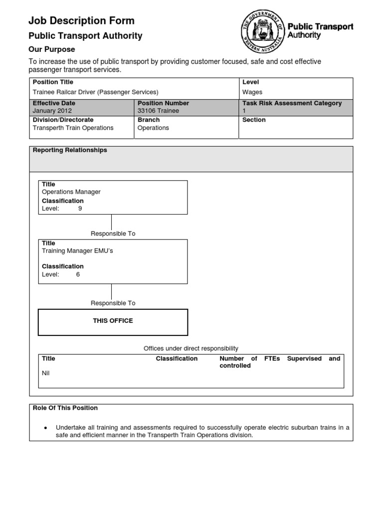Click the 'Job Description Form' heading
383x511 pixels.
(x=81, y=20)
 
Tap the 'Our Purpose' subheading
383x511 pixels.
(x=52, y=49)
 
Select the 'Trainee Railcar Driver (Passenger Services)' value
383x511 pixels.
(x=95, y=92)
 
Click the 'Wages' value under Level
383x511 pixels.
(x=252, y=92)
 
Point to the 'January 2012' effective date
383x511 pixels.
(x=52, y=111)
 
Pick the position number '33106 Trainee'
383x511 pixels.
(x=158, y=111)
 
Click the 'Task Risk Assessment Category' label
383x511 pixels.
(x=292, y=103)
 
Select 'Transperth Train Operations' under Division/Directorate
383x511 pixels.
(x=73, y=128)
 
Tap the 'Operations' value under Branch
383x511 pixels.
(x=153, y=128)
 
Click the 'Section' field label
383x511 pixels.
(x=254, y=120)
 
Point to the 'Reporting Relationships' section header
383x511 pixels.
(x=70, y=150)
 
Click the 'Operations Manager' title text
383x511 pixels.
(x=71, y=192)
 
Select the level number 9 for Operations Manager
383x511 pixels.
(x=80, y=209)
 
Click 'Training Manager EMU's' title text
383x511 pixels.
(x=77, y=251)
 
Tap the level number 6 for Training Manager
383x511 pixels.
(x=78, y=274)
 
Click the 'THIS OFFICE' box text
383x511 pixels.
(x=113, y=321)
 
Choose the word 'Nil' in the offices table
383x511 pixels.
(x=46, y=373)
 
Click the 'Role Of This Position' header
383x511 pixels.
(x=65, y=408)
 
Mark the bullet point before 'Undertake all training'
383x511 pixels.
(x=45, y=428)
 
